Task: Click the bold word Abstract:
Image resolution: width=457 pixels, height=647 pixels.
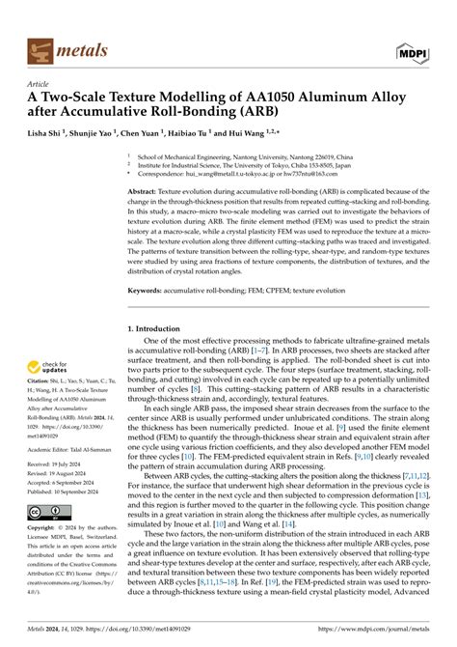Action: [145, 192]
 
